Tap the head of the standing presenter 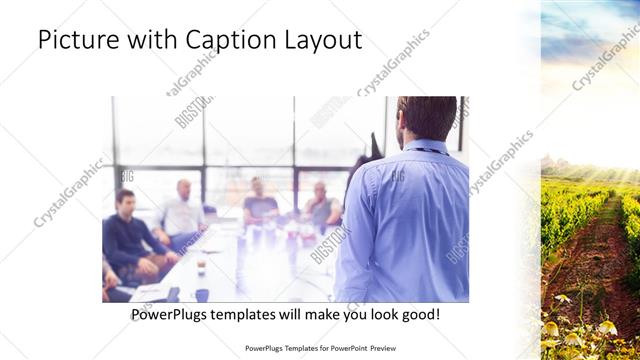[427, 118]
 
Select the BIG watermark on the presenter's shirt [397, 176]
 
